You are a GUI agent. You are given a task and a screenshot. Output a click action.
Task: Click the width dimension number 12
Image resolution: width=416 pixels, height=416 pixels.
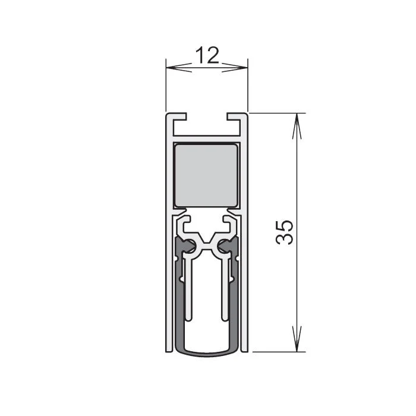(207, 55)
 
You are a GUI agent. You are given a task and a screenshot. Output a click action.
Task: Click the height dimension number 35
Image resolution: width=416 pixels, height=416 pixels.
(285, 232)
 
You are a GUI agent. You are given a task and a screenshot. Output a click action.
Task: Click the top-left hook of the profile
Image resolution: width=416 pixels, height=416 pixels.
(177, 116)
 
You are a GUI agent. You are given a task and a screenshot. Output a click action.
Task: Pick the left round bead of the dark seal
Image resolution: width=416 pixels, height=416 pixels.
(190, 245)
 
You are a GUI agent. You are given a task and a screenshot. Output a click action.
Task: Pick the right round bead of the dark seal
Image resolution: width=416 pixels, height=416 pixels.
(223, 245)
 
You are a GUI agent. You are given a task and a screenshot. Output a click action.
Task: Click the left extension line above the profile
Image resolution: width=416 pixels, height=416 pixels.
(166, 83)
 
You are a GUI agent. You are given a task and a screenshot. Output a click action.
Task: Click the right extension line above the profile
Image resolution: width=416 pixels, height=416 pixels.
(248, 83)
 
